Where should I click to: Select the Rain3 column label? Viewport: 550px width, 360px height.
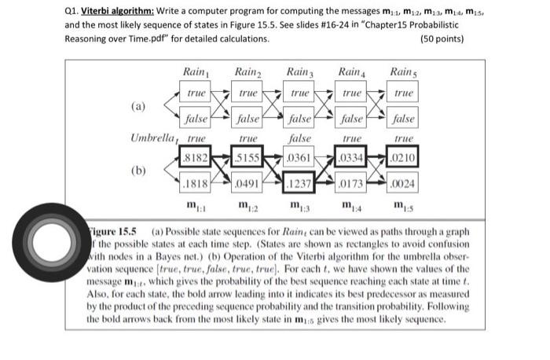tap(299, 72)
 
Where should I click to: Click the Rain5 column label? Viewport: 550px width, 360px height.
tap(403, 72)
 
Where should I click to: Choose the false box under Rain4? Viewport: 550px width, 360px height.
tap(350, 122)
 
